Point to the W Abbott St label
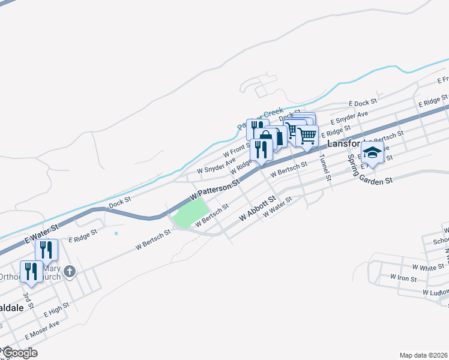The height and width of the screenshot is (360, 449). coord(258,207)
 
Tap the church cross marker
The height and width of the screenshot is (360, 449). coord(70,272)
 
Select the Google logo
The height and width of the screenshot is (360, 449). coord(20,353)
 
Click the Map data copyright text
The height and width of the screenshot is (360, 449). coord(423,355)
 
